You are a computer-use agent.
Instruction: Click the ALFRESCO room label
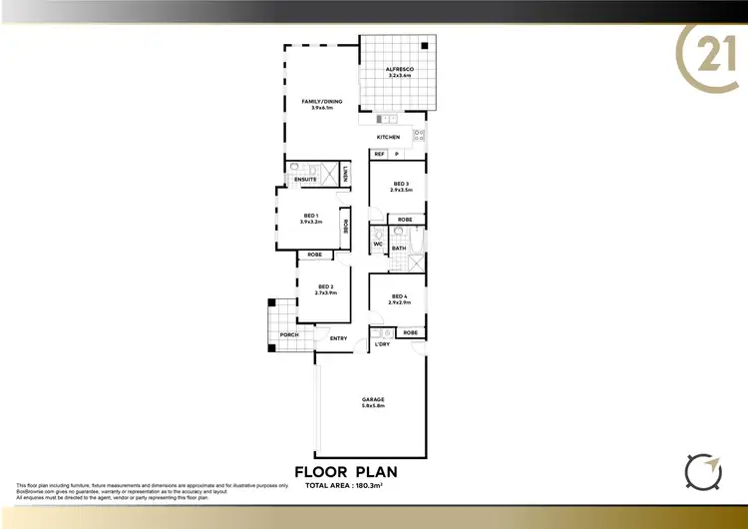click(x=399, y=69)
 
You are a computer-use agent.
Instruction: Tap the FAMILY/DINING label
click(x=317, y=101)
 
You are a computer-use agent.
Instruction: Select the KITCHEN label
click(x=388, y=137)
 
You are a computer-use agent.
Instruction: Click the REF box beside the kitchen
click(x=379, y=154)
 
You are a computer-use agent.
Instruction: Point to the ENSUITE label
click(x=305, y=179)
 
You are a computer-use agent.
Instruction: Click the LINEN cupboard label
click(x=344, y=174)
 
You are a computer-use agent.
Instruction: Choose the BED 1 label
click(x=310, y=216)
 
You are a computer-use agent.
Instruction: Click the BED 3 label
click(x=401, y=184)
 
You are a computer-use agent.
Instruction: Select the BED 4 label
click(x=399, y=295)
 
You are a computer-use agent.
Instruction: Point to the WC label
click(x=379, y=244)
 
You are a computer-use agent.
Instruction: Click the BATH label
click(x=398, y=248)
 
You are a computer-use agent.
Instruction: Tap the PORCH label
click(x=289, y=334)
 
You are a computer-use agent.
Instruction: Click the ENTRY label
click(x=338, y=338)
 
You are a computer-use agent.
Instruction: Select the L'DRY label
click(x=381, y=344)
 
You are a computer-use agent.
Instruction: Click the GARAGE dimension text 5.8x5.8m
click(x=373, y=406)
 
